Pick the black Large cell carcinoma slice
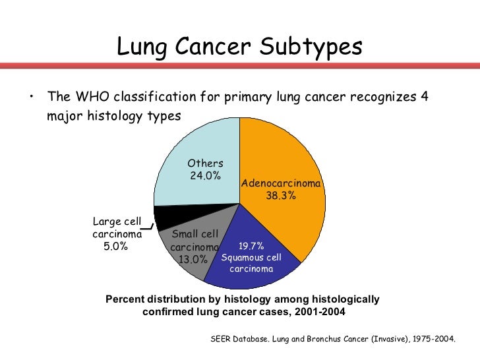tap(165, 218)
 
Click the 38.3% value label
tap(281, 196)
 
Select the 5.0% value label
tap(116, 247)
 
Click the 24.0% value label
tap(205, 176)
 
